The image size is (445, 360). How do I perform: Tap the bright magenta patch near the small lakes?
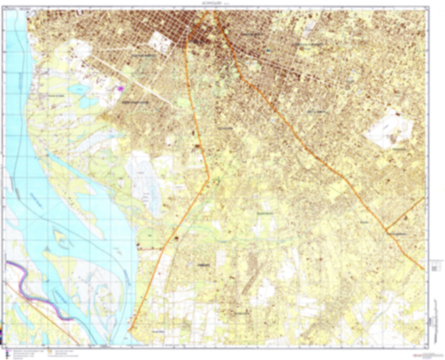coord(121,88)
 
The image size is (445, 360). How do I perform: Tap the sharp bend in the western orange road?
coord(209,178)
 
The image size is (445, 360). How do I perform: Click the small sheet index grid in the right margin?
coord(435,268)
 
